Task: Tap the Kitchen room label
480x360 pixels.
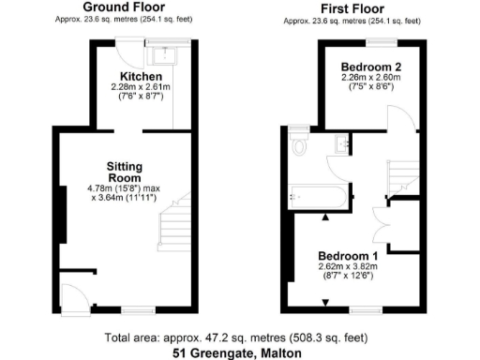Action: [142, 75]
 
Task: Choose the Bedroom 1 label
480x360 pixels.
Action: [347, 256]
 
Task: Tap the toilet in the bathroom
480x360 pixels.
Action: [300, 145]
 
